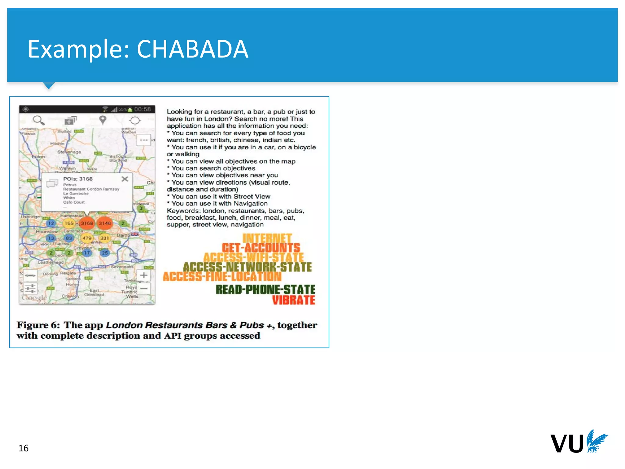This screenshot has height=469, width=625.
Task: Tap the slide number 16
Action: [23, 448]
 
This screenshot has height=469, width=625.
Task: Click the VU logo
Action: [579, 442]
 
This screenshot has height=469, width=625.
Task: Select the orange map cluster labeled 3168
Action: [87, 223]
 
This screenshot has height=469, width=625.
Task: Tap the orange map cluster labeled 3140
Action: [105, 223]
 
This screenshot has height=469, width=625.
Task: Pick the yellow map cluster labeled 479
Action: [87, 238]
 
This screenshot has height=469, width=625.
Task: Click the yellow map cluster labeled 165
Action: [69, 223]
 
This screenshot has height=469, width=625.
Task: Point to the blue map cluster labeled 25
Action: [105, 253]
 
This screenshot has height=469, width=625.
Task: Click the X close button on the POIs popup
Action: [125, 179]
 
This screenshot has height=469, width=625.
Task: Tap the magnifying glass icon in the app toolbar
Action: [38, 120]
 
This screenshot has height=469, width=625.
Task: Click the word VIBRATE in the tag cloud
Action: [293, 300]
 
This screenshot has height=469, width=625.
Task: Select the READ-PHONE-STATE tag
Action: [265, 289]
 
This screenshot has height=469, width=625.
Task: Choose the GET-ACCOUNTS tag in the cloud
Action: [261, 248]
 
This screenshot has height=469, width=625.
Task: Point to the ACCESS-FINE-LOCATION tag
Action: [222, 277]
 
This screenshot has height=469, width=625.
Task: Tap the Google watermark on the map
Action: [34, 297]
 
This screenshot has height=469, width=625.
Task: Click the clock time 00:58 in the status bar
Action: [143, 109]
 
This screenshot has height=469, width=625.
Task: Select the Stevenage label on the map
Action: [69, 152]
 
